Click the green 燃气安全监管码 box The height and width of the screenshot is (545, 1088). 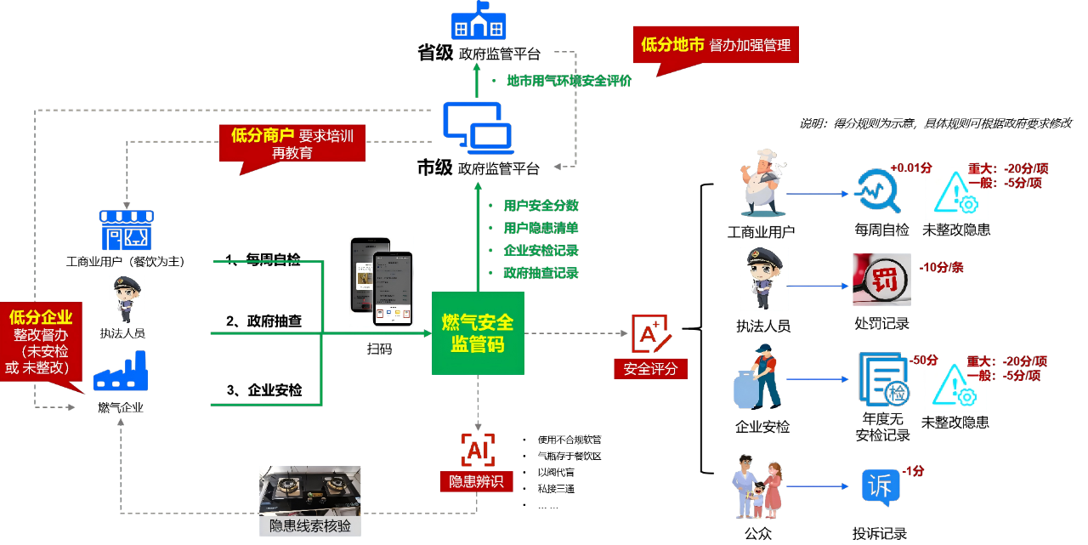click(x=478, y=333)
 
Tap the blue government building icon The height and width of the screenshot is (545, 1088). click(x=478, y=20)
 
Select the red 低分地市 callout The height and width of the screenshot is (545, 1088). click(x=716, y=45)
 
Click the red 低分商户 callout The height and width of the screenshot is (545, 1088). click(x=292, y=143)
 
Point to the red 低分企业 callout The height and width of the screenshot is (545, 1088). click(x=41, y=341)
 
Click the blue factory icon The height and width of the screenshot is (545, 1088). click(x=121, y=372)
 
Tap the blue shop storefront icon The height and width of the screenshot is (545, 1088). click(x=127, y=230)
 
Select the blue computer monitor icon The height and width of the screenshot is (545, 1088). click(x=478, y=128)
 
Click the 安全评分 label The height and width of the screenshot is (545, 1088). click(x=650, y=369)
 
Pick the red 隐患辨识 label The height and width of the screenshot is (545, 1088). click(x=476, y=481)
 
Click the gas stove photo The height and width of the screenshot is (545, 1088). click(x=310, y=491)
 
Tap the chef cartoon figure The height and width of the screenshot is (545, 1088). click(x=762, y=183)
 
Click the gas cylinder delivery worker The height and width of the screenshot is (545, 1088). click(x=758, y=376)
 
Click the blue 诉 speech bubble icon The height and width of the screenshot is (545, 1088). click(x=881, y=487)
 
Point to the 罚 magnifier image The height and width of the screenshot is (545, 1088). click(x=881, y=280)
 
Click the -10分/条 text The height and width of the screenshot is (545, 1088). click(x=941, y=268)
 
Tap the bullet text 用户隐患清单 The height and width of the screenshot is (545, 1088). click(x=541, y=228)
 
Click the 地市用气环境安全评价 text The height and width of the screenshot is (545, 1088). click(x=569, y=81)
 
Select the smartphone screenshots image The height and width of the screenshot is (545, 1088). click(x=382, y=281)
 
